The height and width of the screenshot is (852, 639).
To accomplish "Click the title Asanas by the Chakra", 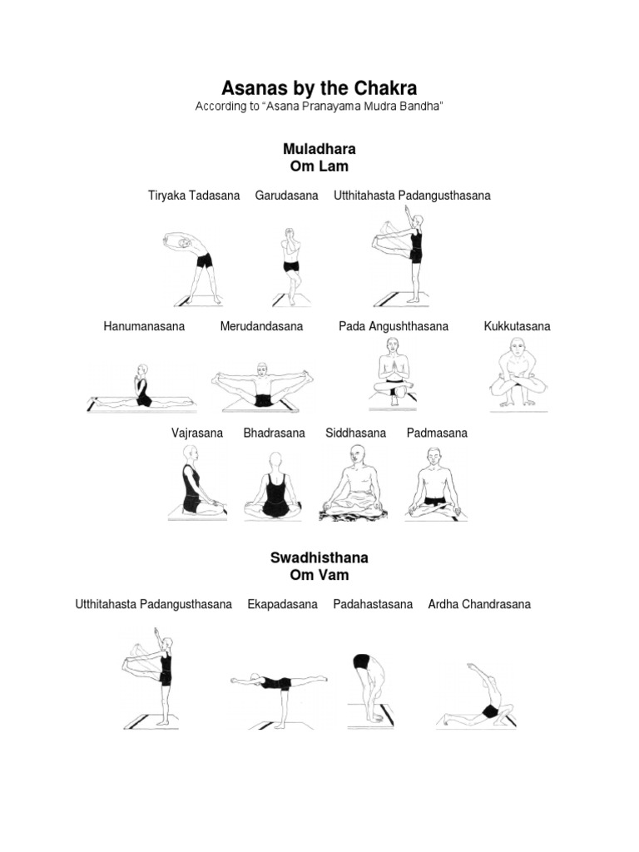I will (319, 88).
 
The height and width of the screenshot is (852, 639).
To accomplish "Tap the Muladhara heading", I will (319, 149).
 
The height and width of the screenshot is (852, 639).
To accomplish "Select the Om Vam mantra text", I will (319, 575).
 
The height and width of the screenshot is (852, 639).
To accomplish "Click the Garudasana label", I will (287, 196).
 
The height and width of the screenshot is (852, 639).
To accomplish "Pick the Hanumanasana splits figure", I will (141, 389).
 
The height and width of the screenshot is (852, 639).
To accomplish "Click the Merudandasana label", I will (261, 326).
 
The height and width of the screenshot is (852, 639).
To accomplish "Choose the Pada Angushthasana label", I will (394, 326).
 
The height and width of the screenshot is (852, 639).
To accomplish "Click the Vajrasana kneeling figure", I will (195, 483).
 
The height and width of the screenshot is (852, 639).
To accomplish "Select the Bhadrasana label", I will (275, 433).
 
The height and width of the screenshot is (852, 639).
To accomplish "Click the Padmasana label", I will (437, 433).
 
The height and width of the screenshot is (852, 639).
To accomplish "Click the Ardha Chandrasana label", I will (479, 604).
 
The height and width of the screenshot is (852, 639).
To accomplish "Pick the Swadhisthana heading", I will (319, 557).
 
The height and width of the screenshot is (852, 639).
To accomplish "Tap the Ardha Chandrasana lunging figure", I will (481, 699).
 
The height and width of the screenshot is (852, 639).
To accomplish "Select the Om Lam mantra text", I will (319, 166).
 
